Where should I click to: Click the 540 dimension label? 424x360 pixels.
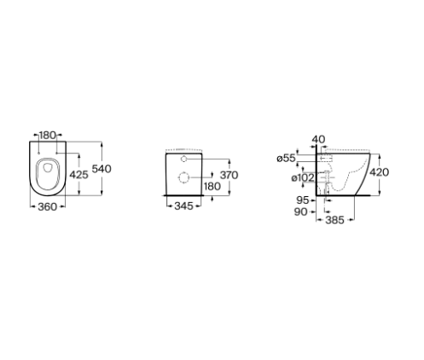pyautogui.click(x=102, y=169)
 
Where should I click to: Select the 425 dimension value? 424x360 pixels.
pyautogui.click(x=78, y=175)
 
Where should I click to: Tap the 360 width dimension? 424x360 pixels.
pyautogui.click(x=48, y=206)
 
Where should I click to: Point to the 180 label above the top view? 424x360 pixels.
pyautogui.click(x=48, y=136)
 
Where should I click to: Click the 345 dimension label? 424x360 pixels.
pyautogui.click(x=183, y=206)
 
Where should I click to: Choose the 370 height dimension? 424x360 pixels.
pyautogui.click(x=229, y=175)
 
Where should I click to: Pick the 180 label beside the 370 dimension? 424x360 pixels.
pyautogui.click(x=212, y=186)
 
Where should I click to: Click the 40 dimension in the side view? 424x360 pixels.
pyautogui.click(x=318, y=140)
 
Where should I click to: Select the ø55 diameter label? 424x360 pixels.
pyautogui.click(x=287, y=158)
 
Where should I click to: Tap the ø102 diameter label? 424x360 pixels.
pyautogui.click(x=303, y=178)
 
